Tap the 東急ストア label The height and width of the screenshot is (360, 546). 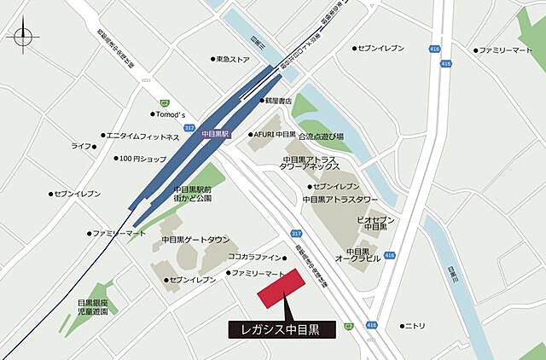pos(232,60)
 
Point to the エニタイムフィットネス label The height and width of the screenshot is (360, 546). pos(142,136)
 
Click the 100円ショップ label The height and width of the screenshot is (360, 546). pos(142,159)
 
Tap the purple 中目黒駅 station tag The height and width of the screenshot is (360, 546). pos(216,135)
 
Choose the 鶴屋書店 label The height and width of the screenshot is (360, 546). pos(279,101)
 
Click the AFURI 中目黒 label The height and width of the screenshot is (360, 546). pos(276,135)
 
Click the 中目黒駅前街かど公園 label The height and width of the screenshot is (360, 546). pos(193,194)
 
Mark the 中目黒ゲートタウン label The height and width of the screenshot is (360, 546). pos(195,240)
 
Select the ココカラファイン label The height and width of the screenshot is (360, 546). pos(254,257)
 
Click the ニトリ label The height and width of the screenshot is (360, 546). pos(415,326)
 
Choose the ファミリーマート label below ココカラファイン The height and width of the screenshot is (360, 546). pos(258,273)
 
